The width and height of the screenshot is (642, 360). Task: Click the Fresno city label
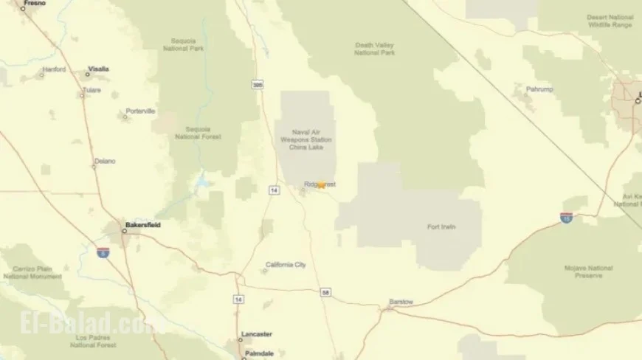coord(34,4)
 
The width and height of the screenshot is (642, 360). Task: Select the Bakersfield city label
coord(142,224)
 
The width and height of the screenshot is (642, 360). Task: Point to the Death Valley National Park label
coord(374,49)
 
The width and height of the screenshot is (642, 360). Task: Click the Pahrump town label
coord(539,89)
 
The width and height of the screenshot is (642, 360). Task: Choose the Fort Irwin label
coord(441,226)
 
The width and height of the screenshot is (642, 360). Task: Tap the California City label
coord(286,264)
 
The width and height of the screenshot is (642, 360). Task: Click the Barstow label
coord(401,302)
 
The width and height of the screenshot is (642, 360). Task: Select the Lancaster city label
coord(257,334)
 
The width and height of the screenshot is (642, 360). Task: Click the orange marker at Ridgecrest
coord(321,185)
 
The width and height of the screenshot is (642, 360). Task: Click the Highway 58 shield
coord(325,293)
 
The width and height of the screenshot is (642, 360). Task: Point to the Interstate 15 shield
coord(566,218)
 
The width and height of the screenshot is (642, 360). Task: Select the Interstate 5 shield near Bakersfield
coord(103,252)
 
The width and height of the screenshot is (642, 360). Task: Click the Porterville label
coord(140,111)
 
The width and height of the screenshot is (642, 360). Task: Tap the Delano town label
coord(105,161)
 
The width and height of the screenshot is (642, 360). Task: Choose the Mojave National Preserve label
coord(589,271)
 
